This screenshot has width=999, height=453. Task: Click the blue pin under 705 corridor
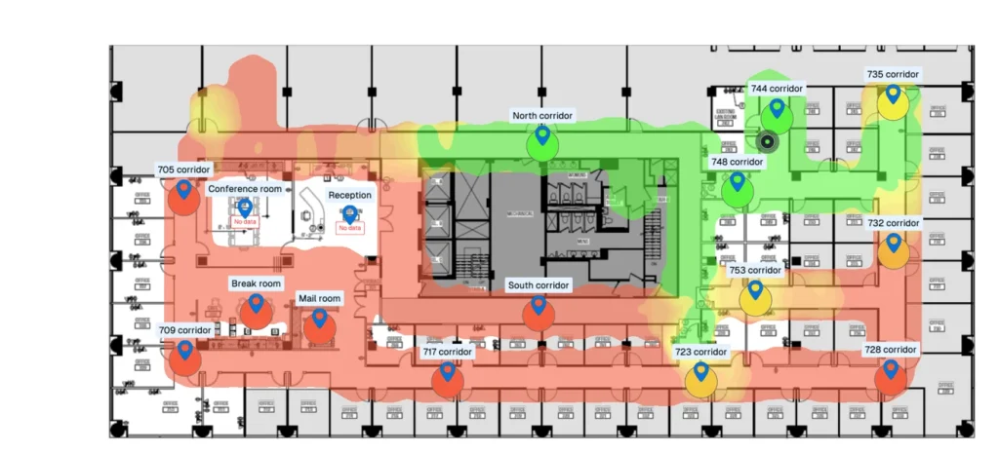pos(183,189)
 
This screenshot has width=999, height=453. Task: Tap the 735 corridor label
pos(893,74)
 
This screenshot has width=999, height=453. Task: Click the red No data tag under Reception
pos(349,228)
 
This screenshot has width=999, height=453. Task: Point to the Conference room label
pos(245,189)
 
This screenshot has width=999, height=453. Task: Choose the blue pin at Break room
pos(256,304)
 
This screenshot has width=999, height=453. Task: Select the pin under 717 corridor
pos(448,371)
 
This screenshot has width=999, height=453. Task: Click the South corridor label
pos(539,285)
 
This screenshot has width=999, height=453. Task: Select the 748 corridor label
pos(737,162)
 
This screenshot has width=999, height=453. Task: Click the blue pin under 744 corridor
pos(777,107)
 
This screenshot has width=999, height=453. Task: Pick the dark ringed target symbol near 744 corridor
pos(767,142)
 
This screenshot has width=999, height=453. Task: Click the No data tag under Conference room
pos(245,222)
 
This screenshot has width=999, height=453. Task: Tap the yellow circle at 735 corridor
pos(893,103)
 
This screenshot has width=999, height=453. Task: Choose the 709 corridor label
pos(184,330)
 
